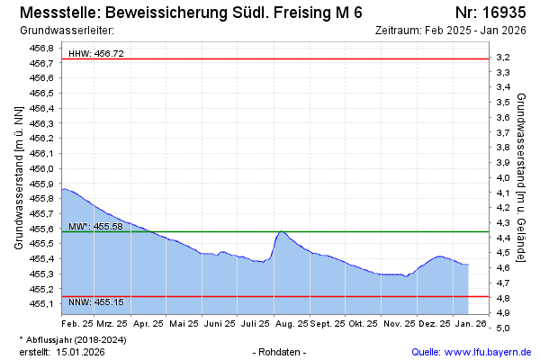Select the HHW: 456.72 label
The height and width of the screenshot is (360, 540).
(x=96, y=54)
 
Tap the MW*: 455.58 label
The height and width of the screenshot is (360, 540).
(x=95, y=226)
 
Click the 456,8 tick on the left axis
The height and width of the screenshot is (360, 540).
(x=41, y=48)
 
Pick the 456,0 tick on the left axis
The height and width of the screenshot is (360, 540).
(x=41, y=168)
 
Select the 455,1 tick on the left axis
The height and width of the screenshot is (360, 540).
(x=41, y=304)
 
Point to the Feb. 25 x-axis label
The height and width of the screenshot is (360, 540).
(x=77, y=322)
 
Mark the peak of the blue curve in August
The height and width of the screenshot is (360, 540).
(x=282, y=231)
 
